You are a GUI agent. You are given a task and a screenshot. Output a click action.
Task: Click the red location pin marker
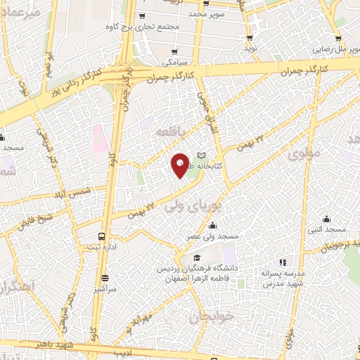pyautogui.click(x=180, y=165)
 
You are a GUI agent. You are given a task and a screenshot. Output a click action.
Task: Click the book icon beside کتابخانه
pyautogui.click(x=202, y=156)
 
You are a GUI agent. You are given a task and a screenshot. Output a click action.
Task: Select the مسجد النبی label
pyautogui.click(x=328, y=230)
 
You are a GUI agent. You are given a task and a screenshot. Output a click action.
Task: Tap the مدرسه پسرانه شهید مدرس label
pyautogui.click(x=282, y=278)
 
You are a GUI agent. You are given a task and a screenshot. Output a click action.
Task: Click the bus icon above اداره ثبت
pyautogui.click(x=103, y=236)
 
